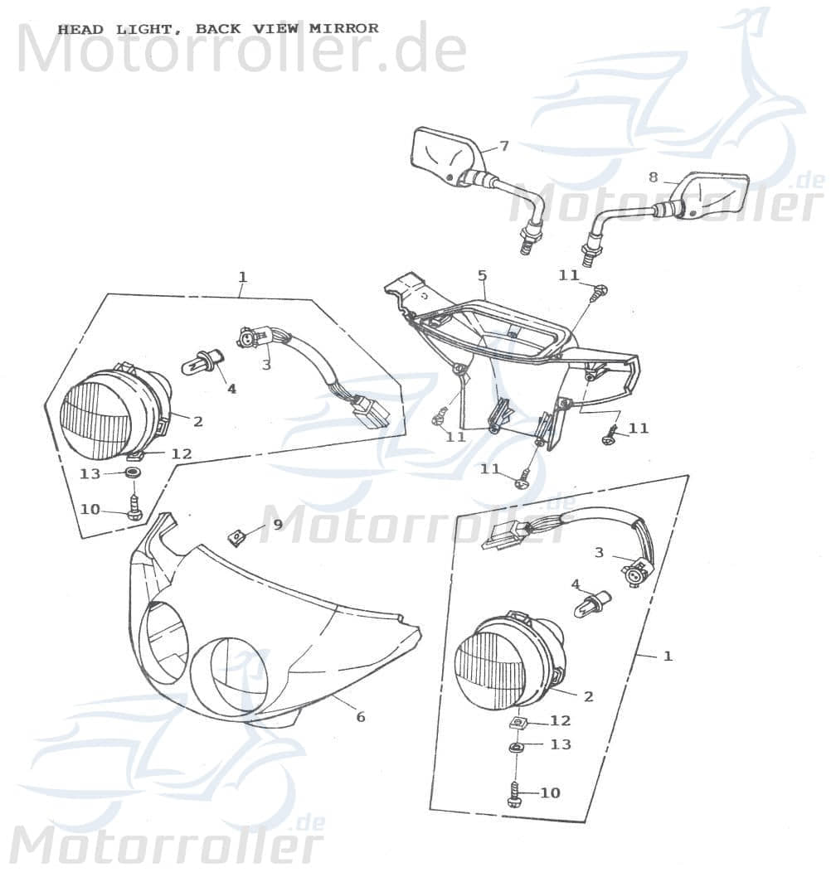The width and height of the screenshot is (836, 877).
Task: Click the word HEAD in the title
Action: click(80, 29)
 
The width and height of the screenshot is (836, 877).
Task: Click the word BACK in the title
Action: click(218, 29)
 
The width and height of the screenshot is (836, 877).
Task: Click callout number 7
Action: click(504, 146)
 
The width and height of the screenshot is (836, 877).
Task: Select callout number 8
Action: click(653, 177)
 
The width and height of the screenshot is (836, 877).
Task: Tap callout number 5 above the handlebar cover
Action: click(482, 274)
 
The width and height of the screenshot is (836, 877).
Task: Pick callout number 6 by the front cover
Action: click(360, 717)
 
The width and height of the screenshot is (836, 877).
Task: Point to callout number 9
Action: click(278, 524)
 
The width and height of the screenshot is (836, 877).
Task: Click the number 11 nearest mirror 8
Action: click(568, 276)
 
